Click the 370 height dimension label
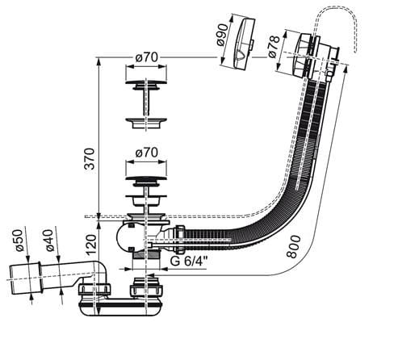[x=90, y=159]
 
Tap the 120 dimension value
[x=91, y=245]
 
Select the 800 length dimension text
[x=293, y=246]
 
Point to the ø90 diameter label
[x=222, y=35]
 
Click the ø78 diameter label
[x=274, y=47]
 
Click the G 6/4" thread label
[x=190, y=261]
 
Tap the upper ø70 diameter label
[x=146, y=57]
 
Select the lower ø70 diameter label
[x=146, y=153]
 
